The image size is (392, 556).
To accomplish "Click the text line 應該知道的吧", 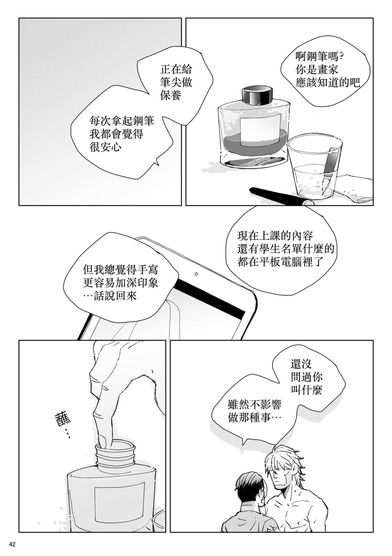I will click(328, 83).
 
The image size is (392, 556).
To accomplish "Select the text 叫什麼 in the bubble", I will click(306, 390).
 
